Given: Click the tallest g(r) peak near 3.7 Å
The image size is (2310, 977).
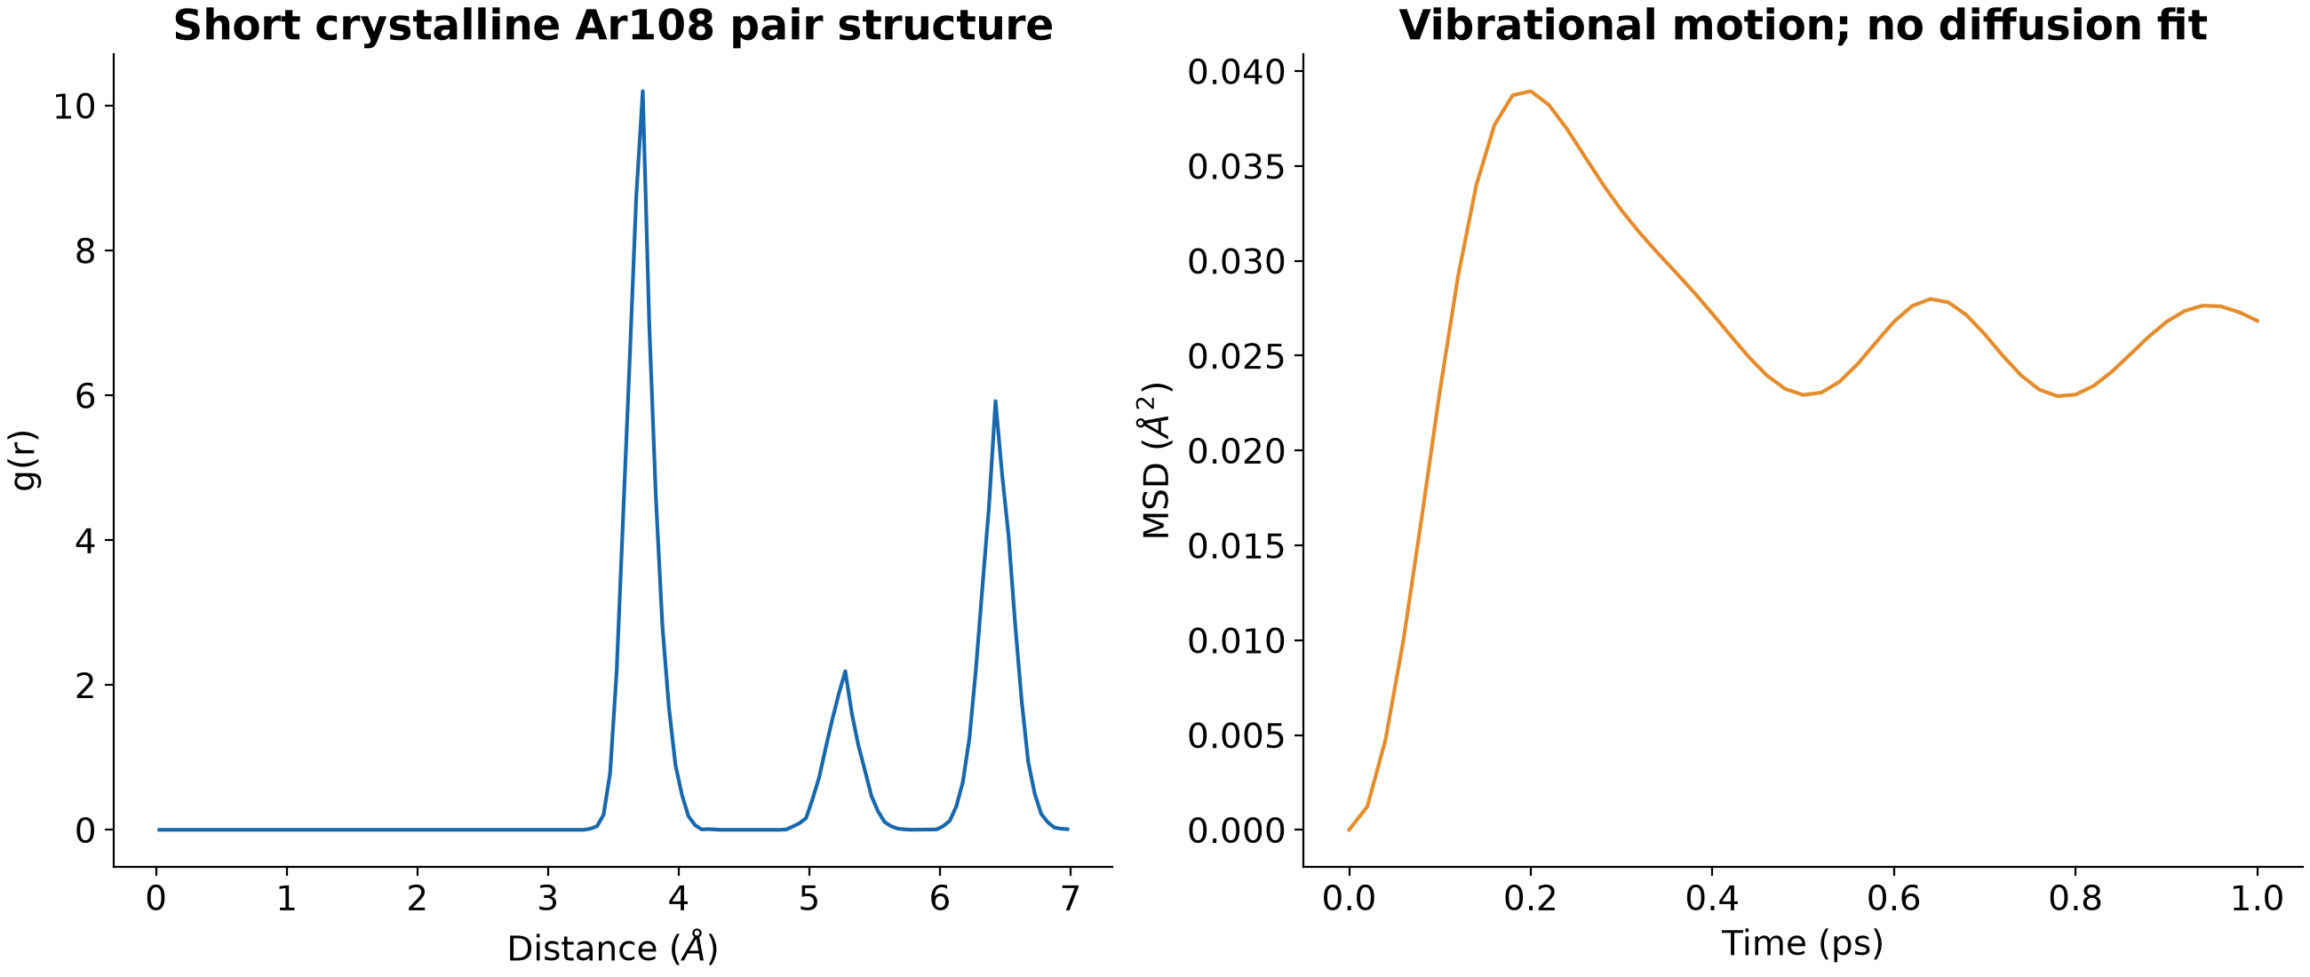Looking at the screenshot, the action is pos(642,91).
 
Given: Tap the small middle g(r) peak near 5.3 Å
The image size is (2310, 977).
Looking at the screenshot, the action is pos(845,671).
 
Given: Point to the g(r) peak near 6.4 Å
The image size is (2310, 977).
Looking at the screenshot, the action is pos(995,401).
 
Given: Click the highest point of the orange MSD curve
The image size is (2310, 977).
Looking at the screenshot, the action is pos(1530,91).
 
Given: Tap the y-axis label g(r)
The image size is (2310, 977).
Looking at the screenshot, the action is pos(25,461).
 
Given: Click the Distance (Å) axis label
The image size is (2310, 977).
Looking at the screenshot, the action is pos(612,949).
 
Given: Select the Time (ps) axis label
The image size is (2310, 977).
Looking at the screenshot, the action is pos(1803,943).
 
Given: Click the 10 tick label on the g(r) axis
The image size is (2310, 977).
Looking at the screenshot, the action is pos(75,107).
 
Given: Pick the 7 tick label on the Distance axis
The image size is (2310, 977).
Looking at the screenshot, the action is pos(1070,899).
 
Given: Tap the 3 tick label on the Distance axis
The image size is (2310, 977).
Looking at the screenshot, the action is pos(548,899).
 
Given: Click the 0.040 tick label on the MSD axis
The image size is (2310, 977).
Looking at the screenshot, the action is pos(1237,73).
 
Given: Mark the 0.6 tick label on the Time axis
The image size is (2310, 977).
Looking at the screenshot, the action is pos(1893,899).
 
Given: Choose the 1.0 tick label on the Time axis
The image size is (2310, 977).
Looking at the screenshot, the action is pos(2257,899).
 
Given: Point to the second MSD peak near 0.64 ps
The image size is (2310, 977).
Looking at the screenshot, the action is pos(1930,299).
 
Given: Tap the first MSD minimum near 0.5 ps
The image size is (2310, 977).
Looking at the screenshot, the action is pos(1804,394).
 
